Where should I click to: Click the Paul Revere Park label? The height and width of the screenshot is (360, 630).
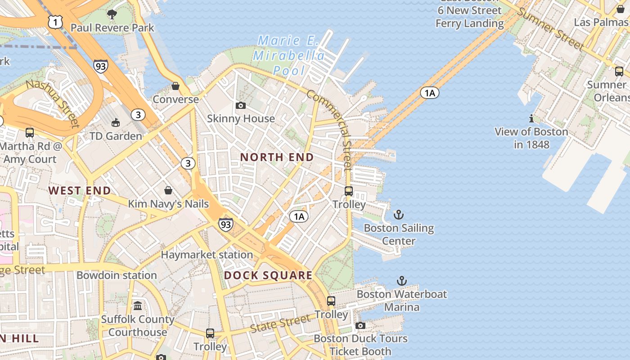click(112, 28)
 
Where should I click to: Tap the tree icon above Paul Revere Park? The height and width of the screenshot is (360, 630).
click(112, 14)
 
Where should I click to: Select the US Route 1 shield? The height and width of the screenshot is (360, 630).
click(55, 22)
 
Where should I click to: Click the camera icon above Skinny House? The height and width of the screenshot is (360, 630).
click(241, 105)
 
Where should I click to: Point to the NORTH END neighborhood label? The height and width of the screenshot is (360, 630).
click(277, 157)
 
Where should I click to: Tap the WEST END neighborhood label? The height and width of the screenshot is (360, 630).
click(80, 190)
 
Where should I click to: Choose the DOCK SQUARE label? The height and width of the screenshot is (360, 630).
click(268, 275)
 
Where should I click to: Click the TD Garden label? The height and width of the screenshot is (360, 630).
click(116, 136)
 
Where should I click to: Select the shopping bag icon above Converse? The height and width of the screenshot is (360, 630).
click(175, 86)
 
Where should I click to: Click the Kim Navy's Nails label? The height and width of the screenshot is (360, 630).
click(168, 204)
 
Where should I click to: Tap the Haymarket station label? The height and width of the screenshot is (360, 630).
click(207, 255)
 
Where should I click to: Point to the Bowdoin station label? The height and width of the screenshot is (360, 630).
click(117, 275)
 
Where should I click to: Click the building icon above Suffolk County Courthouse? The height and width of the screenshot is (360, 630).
click(138, 306)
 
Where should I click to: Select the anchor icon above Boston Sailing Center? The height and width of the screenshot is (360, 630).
click(399, 215)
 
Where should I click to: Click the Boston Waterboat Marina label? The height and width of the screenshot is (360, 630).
click(402, 301)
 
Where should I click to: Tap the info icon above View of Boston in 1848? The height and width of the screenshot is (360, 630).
click(531, 119)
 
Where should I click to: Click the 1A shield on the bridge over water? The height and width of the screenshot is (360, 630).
click(429, 93)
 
